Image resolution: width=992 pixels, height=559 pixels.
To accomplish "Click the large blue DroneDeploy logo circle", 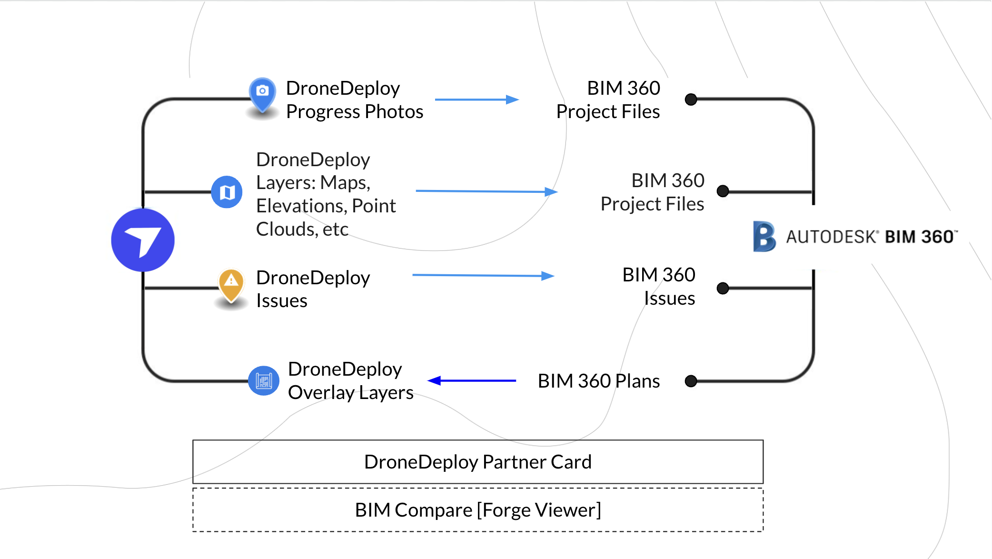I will click(143, 240).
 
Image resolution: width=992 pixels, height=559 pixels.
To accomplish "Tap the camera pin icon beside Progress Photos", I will click(262, 92).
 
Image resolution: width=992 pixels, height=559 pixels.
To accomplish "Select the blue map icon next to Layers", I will click(227, 192).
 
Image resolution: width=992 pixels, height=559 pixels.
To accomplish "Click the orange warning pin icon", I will click(231, 283).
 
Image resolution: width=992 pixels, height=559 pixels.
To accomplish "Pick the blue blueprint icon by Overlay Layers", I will click(263, 381).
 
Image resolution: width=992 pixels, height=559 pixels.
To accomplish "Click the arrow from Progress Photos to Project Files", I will click(476, 100).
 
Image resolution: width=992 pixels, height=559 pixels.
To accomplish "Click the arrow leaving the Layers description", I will click(486, 191).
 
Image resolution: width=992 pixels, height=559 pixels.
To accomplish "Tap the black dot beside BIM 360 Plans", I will click(691, 381).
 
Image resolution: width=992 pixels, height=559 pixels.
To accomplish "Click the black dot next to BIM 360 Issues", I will click(723, 288).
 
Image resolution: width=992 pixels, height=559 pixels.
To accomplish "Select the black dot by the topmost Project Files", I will click(691, 100).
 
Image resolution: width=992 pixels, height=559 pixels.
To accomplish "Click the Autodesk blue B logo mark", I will click(764, 236).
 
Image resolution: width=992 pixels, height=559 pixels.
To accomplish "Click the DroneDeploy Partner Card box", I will click(477, 462).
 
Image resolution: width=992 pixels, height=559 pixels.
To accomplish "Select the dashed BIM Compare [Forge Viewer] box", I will click(477, 510).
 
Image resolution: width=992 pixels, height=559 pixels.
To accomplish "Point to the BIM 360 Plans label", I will click(598, 381).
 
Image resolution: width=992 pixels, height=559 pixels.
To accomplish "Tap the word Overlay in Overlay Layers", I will click(321, 393).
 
